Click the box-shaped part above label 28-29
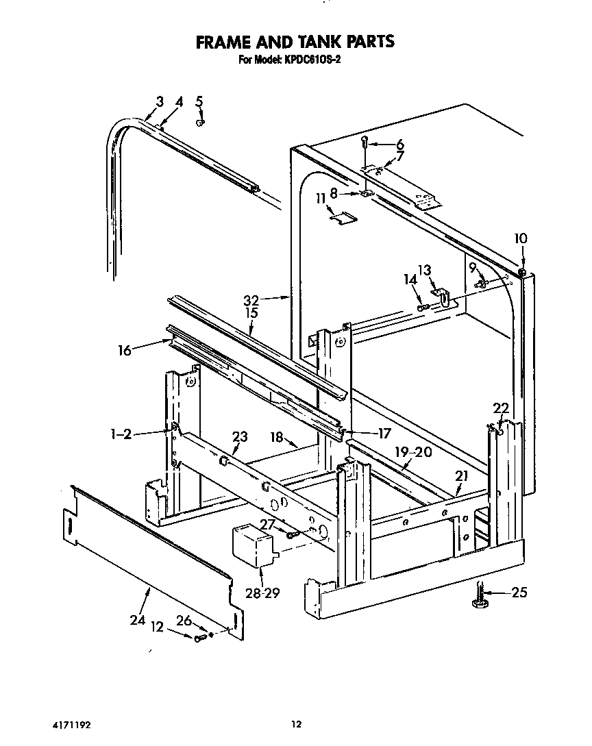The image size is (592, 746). click(254, 544)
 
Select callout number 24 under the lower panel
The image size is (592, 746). click(138, 621)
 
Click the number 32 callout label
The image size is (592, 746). click(251, 299)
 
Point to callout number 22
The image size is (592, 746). click(501, 408)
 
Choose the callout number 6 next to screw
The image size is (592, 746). click(399, 145)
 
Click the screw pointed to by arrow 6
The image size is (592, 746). click(365, 142)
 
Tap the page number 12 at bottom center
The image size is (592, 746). click(295, 723)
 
